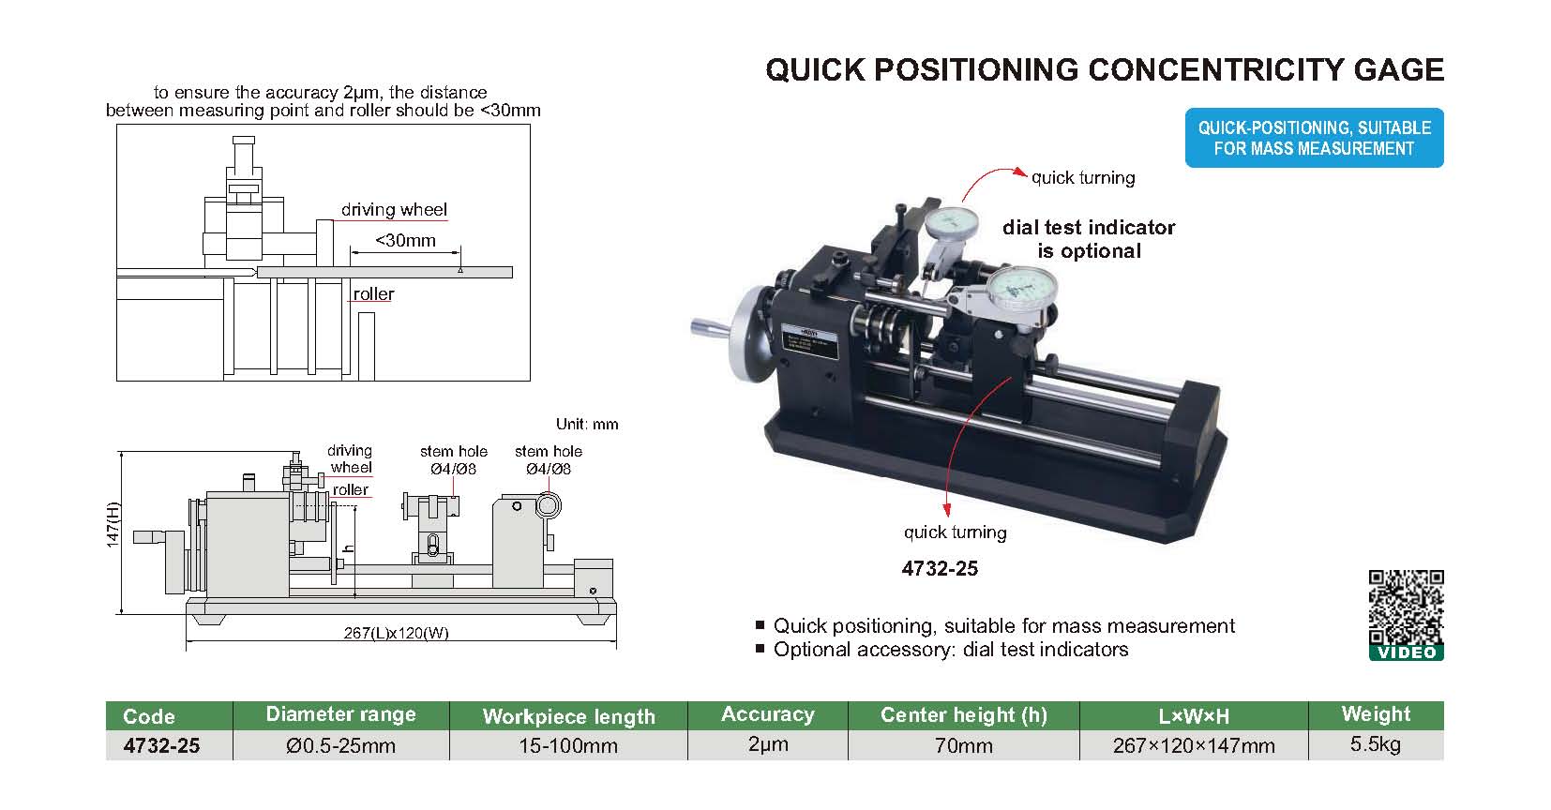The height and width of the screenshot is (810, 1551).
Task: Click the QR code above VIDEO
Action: point(1406,607)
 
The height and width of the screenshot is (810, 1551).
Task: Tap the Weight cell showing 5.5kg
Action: point(1376,745)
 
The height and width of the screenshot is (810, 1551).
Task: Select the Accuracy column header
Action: point(767,715)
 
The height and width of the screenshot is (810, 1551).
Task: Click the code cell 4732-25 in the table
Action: point(161,746)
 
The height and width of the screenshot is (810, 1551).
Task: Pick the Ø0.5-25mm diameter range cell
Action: point(341,746)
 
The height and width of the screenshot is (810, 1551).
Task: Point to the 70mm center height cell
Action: point(963,746)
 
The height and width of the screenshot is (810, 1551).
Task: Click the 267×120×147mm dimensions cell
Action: point(1194,746)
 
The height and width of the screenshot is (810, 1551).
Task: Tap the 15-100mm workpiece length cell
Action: point(568,746)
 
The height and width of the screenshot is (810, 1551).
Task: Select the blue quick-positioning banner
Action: point(1314,138)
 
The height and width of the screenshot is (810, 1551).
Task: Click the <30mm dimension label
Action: point(405,241)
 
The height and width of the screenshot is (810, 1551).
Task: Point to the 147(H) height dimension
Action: point(113,525)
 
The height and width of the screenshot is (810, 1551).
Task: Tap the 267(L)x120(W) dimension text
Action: point(396,633)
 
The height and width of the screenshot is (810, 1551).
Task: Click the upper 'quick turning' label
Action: point(1083,178)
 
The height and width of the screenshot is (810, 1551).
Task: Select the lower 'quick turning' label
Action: point(955,532)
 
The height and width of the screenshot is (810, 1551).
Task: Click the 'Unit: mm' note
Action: point(587,424)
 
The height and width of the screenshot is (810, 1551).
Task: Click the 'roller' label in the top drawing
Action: point(373,294)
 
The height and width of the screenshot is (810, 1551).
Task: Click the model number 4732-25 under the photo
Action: point(940,568)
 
